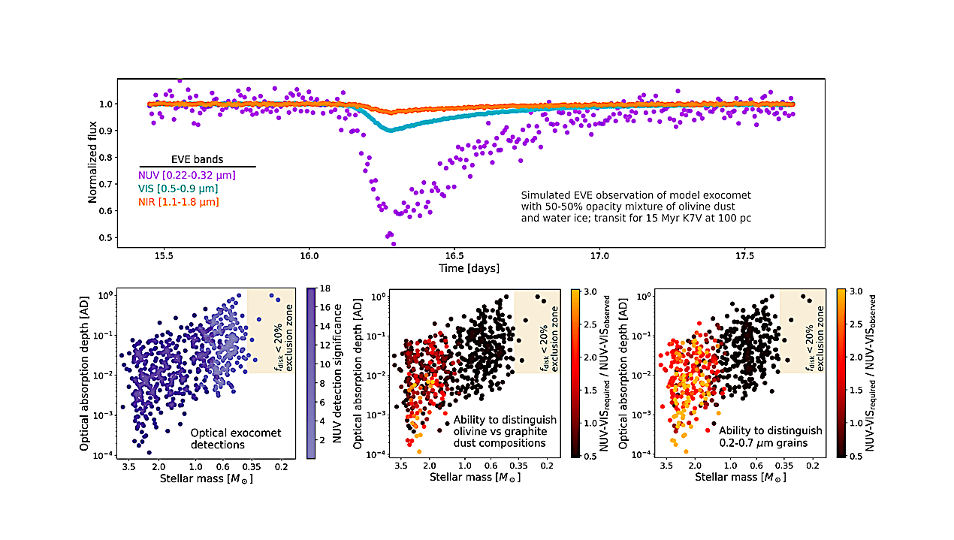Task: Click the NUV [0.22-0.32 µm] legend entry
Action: pyautogui.click(x=188, y=175)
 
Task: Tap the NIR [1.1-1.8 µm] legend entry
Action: pyautogui.click(x=183, y=201)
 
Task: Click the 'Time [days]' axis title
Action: pyautogui.click(x=469, y=267)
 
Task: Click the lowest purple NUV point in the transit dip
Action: pyautogui.click(x=393, y=243)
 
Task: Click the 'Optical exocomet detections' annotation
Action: pyautogui.click(x=229, y=439)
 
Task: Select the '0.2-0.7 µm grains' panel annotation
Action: pyautogui.click(x=769, y=437)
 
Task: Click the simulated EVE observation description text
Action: pyautogui.click(x=635, y=207)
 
